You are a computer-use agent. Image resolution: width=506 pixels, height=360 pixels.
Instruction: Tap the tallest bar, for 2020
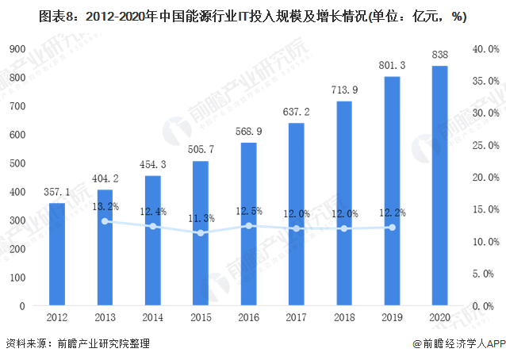coord(439,186)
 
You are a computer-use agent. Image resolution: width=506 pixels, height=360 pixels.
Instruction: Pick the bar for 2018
coord(343,203)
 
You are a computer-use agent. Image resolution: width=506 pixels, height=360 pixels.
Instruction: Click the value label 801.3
coord(391,65)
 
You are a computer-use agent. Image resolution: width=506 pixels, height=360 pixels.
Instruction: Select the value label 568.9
coord(248,132)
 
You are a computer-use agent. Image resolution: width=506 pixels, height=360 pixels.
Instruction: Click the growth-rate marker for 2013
coord(105,221)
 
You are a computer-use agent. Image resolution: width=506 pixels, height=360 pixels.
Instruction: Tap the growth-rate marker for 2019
coord(391,228)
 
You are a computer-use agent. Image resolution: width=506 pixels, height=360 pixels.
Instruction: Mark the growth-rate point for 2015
coord(200,233)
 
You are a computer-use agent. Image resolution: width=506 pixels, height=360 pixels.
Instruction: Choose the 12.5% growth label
coord(248,211)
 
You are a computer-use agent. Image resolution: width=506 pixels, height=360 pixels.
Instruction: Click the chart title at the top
coord(252,15)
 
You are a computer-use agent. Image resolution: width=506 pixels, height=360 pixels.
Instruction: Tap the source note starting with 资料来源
coord(78,344)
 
